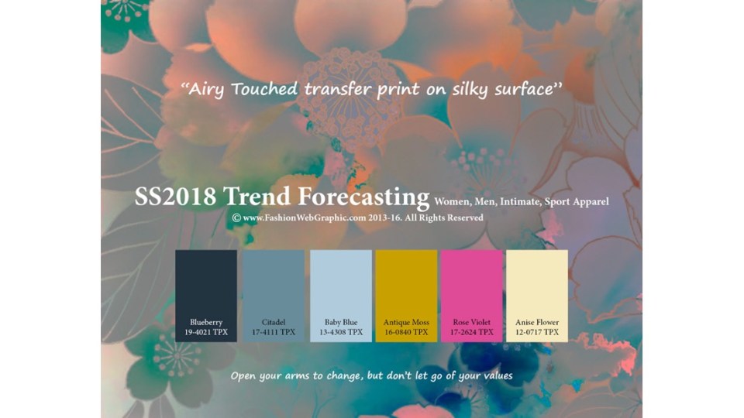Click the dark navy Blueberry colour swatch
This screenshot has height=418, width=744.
(206, 296)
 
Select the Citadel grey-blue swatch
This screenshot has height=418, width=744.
(274, 296)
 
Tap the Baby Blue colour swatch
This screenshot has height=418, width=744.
(341, 296)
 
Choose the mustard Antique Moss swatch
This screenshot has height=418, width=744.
(406, 296)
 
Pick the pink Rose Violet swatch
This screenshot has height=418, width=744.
(472, 296)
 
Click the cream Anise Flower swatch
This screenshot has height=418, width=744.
(537, 296)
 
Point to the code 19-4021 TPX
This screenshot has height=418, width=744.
(206, 332)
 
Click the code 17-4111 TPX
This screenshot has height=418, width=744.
(274, 332)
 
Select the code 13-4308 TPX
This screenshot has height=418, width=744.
(341, 332)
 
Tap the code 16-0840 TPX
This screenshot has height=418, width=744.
(406, 332)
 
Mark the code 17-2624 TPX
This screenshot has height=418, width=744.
(472, 332)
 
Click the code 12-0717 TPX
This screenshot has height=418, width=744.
(537, 332)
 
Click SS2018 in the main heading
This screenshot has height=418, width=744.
(175, 196)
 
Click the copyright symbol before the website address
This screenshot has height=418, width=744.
(236, 218)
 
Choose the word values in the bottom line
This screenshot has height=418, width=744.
(498, 376)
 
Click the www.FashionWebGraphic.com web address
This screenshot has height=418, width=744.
(305, 218)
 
